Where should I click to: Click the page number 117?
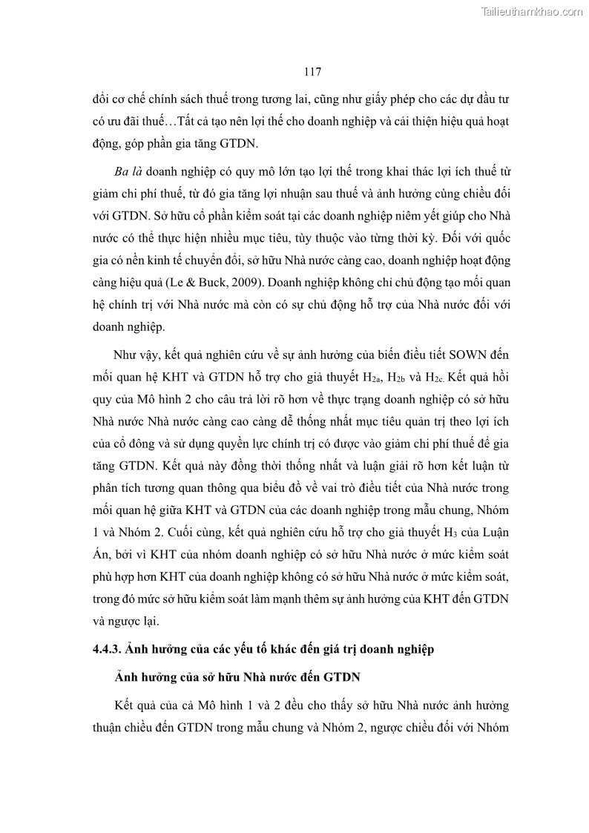click(x=312, y=72)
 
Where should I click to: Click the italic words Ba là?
click(x=129, y=171)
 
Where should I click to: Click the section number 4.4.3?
click(x=110, y=649)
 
